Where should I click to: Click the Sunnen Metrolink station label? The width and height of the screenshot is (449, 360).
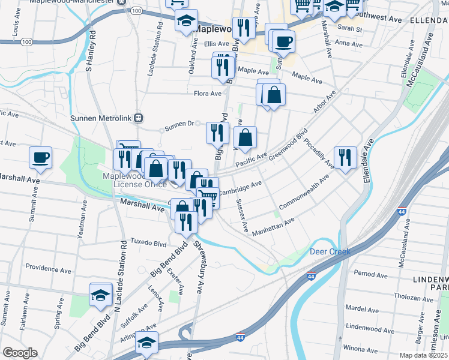(x=101, y=118)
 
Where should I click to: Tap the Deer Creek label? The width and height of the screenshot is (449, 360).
(x=330, y=251)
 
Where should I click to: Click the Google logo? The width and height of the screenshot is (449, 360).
(x=20, y=353)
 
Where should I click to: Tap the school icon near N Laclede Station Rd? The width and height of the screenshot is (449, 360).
(x=101, y=295)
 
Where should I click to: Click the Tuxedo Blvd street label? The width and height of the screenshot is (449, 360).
(x=148, y=244)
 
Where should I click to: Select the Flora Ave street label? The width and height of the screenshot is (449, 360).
(x=208, y=93)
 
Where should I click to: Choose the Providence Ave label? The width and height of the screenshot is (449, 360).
(x=49, y=267)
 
